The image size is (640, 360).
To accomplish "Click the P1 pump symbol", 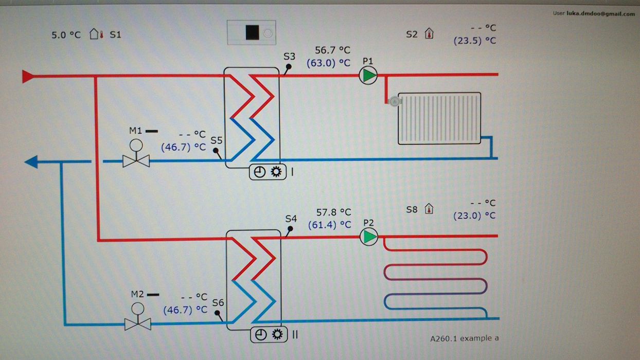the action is click(368, 75).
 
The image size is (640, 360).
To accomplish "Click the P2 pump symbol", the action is click(369, 237).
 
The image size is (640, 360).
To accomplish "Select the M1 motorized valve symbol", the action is click(136, 153).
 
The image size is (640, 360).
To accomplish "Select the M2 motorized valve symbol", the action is click(138, 317).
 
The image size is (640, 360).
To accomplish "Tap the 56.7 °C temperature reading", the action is click(332, 50).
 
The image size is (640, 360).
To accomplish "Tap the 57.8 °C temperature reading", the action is click(334, 212).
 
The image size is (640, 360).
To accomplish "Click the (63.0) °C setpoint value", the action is click(329, 63).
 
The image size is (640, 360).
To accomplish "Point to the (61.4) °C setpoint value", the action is click(330, 225).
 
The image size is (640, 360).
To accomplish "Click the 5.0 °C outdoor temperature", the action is click(66, 35).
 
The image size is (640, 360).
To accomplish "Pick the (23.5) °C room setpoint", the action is click(475, 41).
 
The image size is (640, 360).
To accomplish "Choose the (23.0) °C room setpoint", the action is click(474, 215).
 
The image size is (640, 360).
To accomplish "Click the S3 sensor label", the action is click(289, 57).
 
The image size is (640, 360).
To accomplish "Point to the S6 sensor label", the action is click(218, 302).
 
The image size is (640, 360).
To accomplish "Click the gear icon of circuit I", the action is click(276, 172).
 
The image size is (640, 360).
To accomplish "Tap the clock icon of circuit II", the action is click(260, 335).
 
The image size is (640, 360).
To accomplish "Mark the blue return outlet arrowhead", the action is click(31, 162).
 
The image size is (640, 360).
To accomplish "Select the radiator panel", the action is click(439, 118).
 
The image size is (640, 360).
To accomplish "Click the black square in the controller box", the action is click(252, 32).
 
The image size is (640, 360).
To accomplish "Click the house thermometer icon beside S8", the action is click(429, 209).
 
